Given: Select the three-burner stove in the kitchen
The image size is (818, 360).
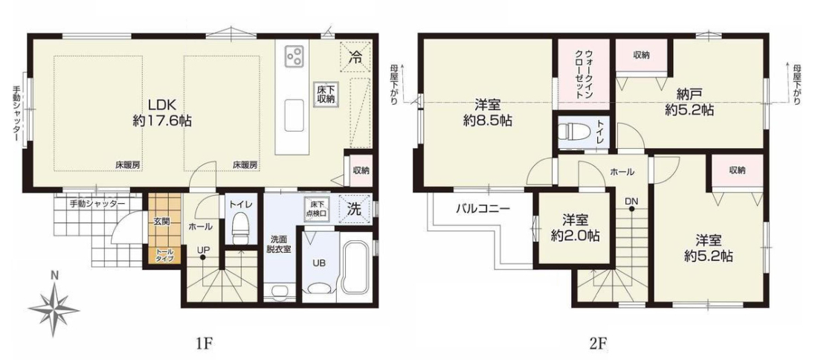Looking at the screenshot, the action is pyautogui.click(x=294, y=54).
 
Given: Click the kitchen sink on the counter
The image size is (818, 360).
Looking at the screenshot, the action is pyautogui.click(x=294, y=115).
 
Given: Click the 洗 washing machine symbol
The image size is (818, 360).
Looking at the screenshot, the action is pyautogui.click(x=354, y=209).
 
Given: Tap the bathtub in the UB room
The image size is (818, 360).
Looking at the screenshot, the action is pyautogui.click(x=355, y=269).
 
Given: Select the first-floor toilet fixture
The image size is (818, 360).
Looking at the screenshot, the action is pyautogui.click(x=240, y=228).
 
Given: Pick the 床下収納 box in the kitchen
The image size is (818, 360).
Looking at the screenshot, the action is pyautogui.click(x=324, y=95).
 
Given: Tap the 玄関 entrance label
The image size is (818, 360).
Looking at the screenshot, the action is pyautogui.click(x=161, y=221).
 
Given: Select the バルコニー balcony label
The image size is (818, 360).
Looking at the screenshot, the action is pyautogui.click(x=483, y=210).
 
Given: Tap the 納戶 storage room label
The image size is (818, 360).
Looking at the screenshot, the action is pyautogui.click(x=689, y=94).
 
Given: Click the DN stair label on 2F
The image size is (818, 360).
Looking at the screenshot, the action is pyautogui.click(x=631, y=200).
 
